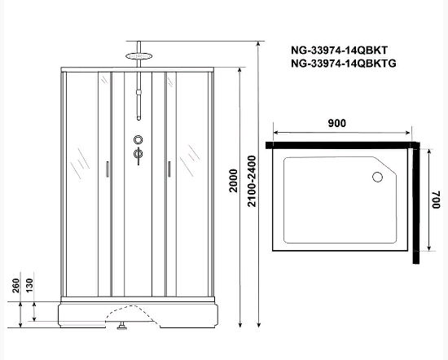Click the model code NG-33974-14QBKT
click(339, 50)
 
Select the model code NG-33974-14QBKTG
click(344, 64)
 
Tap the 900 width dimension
click(337, 123)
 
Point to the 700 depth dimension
click(436, 200)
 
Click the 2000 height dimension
click(234, 181)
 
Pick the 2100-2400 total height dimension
click(252, 181)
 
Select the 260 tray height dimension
click(16, 286)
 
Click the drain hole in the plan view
click(377, 177)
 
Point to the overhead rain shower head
click(138, 56)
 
